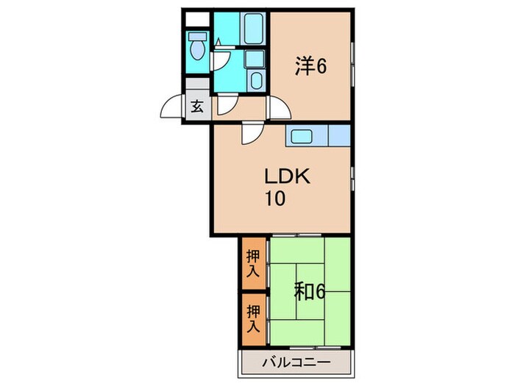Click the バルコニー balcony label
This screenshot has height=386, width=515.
296,362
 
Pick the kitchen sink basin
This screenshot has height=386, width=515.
302,136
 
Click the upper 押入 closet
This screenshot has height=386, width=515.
252,264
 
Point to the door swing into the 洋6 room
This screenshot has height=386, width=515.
278,108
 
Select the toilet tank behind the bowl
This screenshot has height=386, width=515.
196,36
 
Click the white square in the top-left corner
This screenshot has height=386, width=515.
194,19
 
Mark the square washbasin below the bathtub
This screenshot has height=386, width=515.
255,60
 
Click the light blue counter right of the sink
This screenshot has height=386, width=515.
338,136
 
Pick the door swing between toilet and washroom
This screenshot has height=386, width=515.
219,58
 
